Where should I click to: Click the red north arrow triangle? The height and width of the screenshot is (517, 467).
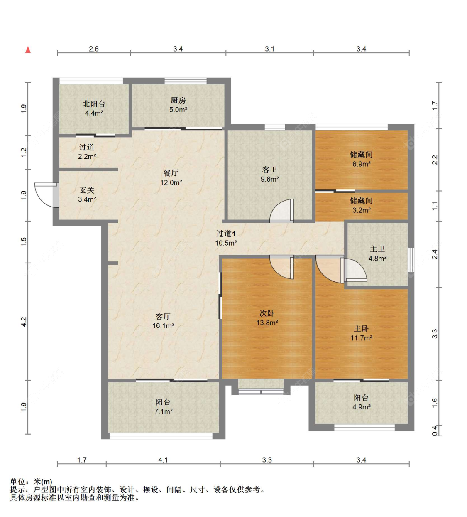(x=28, y=50)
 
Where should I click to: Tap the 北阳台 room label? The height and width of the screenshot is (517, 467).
(x=94, y=108)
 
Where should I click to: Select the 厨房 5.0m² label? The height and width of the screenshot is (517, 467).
(x=178, y=105)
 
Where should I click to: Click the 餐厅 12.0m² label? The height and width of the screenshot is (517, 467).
(x=171, y=177)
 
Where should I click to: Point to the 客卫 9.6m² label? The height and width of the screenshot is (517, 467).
(x=269, y=174)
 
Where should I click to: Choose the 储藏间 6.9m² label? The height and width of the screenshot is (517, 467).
(x=361, y=159)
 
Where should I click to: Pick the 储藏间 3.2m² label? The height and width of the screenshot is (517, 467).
(x=361, y=205)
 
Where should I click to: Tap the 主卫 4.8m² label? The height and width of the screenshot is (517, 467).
(x=377, y=254)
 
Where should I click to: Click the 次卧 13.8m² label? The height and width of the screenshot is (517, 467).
(x=267, y=318)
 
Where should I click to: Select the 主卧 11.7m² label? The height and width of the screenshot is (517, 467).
(x=361, y=333)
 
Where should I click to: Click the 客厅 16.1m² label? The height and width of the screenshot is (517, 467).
(x=163, y=321)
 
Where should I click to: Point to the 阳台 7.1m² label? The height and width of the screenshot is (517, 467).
(x=163, y=406)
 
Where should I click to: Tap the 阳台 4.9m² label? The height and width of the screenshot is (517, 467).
(x=361, y=402)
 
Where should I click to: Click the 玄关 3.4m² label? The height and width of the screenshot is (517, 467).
(x=87, y=194)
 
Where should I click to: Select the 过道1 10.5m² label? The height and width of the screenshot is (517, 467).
(x=226, y=238)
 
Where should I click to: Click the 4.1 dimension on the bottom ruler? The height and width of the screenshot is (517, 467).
(x=163, y=460)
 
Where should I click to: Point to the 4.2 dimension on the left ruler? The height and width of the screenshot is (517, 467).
(x=24, y=322)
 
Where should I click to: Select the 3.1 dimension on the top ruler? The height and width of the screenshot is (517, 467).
(x=269, y=49)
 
